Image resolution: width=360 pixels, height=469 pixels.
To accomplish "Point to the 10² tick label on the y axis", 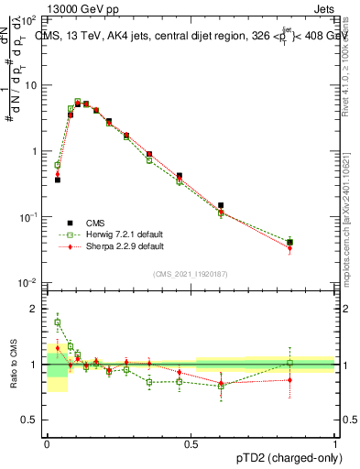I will (x=28, y=19).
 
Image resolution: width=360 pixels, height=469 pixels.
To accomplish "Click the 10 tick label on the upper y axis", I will (x=31, y=85).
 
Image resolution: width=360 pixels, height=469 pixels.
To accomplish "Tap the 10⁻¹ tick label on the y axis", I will (x=28, y=217).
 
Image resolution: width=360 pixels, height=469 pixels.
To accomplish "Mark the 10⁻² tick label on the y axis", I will (x=28, y=283).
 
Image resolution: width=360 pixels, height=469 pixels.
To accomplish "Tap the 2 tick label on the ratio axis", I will (x=35, y=309).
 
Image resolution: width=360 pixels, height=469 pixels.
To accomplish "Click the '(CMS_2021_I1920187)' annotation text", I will (x=190, y=273).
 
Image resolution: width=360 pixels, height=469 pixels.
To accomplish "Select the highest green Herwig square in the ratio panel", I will (x=58, y=322).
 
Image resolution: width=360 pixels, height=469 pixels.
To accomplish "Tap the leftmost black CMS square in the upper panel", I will (x=58, y=180).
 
